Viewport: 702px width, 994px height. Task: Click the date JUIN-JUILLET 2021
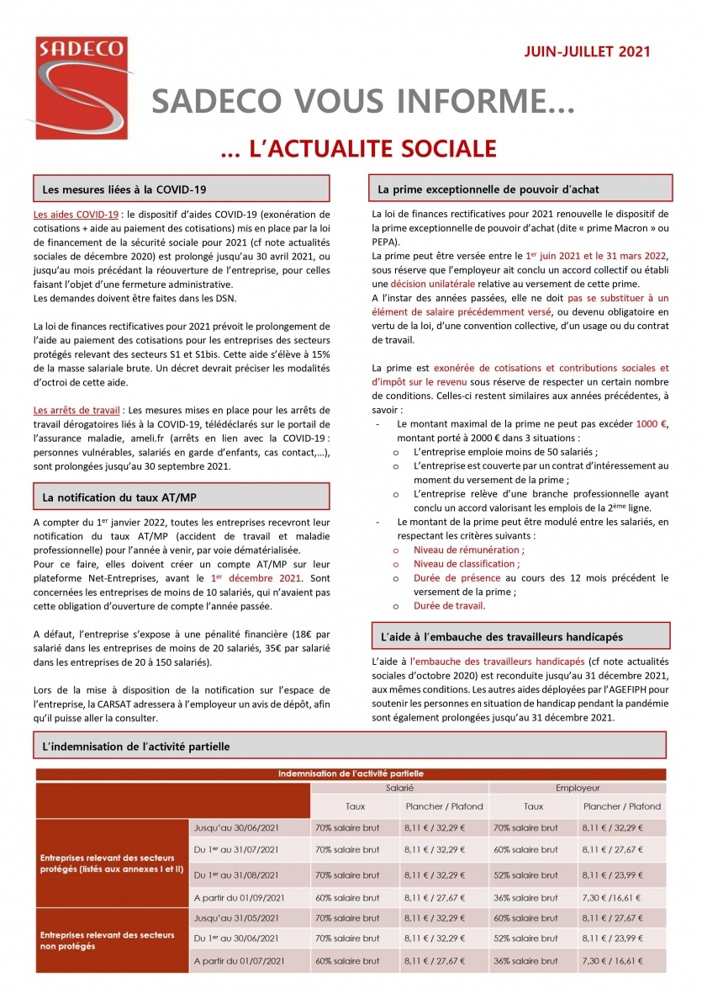pos(587,51)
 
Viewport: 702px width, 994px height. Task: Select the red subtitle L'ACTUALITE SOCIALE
pos(357,149)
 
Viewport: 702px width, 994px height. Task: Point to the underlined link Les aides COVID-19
pos(75,215)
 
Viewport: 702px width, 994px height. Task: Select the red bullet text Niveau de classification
pos(467,564)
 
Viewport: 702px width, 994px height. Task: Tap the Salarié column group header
pos(399,789)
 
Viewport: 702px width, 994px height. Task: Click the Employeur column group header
pos(578,789)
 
